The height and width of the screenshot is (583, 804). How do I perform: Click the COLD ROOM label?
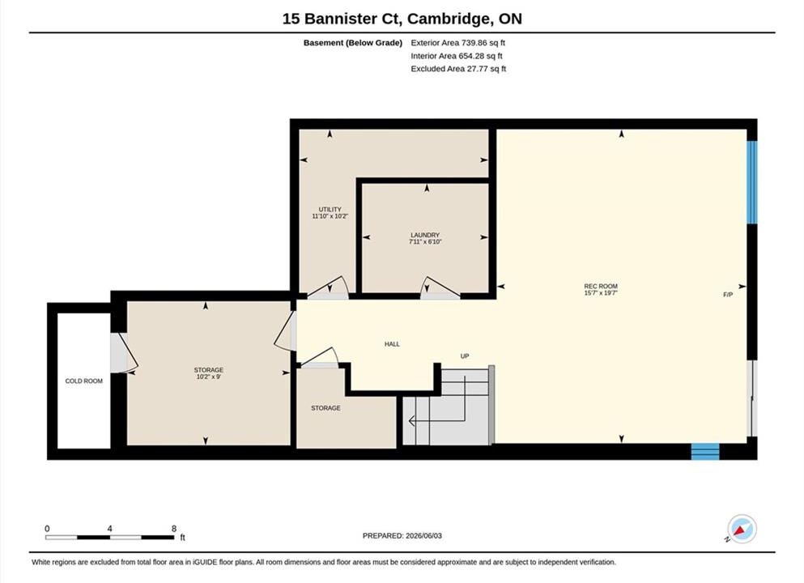83,381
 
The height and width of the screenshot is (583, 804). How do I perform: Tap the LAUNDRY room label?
425,235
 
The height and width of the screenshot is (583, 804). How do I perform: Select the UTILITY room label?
330,209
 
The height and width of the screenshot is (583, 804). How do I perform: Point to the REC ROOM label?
601,286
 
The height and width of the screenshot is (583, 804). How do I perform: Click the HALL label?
392,344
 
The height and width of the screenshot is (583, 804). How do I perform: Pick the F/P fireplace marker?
728,295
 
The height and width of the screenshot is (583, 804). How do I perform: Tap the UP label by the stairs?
465,355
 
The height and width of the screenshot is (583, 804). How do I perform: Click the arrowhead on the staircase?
411,421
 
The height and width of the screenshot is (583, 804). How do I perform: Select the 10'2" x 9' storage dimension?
209,377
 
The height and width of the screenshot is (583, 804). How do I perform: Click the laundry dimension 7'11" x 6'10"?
425,241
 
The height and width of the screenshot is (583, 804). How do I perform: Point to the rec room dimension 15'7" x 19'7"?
601,293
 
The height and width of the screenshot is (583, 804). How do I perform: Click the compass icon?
742,529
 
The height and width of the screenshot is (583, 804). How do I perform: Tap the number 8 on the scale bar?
174,529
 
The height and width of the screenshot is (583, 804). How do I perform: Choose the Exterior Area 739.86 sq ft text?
458,43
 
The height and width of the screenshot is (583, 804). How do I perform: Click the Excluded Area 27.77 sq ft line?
458,69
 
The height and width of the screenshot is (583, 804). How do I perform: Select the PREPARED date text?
402,536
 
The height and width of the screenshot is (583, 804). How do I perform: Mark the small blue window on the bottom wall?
705,451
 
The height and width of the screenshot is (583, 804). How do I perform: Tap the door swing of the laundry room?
440,287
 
